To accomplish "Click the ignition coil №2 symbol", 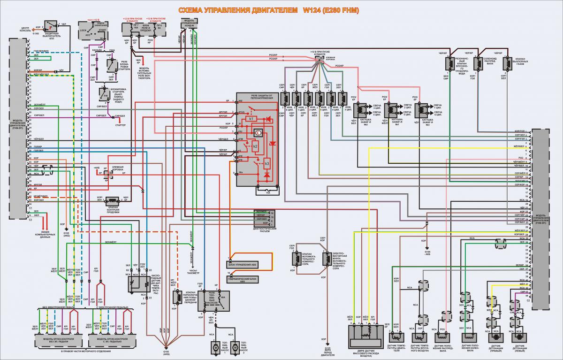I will click(x=360, y=108).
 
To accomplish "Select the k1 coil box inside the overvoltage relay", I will click(x=251, y=119).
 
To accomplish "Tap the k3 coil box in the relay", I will click(x=267, y=164).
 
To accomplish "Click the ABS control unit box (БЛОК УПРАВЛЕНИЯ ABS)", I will click(x=239, y=265).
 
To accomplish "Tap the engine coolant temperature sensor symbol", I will click(x=396, y=337).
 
